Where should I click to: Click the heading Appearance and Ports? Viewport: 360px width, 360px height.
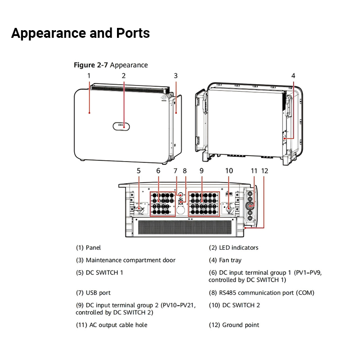point(80,33)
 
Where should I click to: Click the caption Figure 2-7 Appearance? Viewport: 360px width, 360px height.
point(111,65)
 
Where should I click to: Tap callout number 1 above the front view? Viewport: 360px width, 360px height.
point(89,76)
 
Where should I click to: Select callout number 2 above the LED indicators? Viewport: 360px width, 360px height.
point(123,76)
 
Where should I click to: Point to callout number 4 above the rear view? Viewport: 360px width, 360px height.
point(293,76)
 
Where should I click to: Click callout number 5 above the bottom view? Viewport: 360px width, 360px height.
point(139,171)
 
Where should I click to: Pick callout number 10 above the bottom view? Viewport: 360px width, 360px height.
point(229,171)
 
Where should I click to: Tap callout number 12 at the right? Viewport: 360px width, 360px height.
point(265,171)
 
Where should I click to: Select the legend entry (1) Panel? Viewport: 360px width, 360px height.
point(88,247)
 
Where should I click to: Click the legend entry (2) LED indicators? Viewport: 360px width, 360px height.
point(233,247)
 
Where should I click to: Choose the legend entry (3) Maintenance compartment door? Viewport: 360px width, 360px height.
point(126,260)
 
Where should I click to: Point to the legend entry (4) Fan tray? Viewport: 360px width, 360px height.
point(225,260)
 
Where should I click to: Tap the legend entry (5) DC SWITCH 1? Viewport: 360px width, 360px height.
point(99,272)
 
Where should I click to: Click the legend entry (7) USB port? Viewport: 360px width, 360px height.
point(93,292)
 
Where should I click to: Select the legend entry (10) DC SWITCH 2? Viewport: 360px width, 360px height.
point(234,305)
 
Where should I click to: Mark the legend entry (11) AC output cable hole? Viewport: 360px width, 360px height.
point(112,325)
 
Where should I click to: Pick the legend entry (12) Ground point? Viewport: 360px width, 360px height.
point(234,325)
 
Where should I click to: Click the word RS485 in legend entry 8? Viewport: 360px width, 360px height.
point(229,292)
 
